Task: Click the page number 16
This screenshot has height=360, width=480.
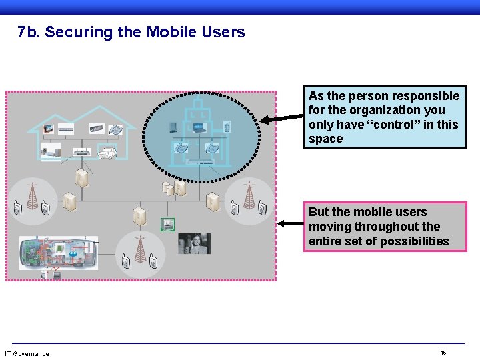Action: point(443,353)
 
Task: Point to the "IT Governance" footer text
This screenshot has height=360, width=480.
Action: point(27,353)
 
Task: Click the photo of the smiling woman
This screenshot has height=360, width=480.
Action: point(194,243)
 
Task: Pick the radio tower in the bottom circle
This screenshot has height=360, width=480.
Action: point(140,248)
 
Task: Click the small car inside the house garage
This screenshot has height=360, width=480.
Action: point(107,153)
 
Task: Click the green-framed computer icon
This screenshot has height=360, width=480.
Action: point(167,224)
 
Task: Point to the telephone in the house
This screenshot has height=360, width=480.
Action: point(115,129)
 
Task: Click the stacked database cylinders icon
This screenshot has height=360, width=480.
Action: point(169,189)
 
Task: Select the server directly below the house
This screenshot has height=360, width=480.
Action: point(81,177)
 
